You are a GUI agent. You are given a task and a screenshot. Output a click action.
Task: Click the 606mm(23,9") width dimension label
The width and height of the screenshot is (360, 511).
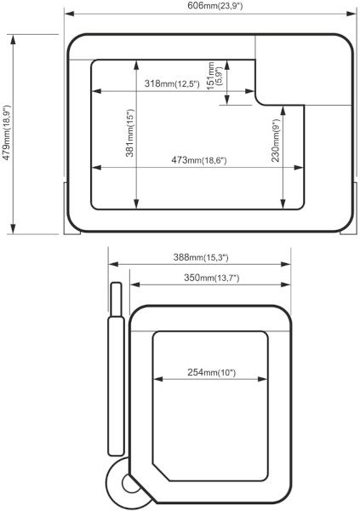(x=215, y=6)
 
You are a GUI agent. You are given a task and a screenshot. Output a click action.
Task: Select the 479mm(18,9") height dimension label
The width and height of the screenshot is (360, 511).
(x=7, y=133)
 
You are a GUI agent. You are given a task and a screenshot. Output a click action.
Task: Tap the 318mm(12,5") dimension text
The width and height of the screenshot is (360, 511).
(x=172, y=83)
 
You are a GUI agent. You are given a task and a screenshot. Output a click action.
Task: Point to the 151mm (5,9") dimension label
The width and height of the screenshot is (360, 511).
(x=214, y=75)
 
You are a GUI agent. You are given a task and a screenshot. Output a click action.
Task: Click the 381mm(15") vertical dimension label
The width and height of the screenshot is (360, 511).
(x=130, y=133)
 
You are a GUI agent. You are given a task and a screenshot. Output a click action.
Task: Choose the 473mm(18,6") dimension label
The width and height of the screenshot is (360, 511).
(x=199, y=160)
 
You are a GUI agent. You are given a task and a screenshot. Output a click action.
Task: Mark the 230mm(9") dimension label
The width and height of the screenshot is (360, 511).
(x=276, y=140)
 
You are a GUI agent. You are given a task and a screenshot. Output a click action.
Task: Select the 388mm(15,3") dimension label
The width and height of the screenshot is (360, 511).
(x=201, y=257)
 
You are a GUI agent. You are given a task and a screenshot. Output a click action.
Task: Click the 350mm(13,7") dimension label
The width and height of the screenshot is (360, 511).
(x=212, y=278)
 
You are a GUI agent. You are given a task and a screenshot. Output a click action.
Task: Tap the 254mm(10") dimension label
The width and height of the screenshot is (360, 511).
(x=211, y=372)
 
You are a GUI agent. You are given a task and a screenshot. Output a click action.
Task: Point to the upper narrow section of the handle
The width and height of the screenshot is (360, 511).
(x=116, y=299)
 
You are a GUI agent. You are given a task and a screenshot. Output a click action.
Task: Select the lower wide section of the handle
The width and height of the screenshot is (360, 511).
(x=116, y=386)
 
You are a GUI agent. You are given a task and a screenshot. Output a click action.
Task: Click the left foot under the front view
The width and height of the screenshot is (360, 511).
(x=72, y=208)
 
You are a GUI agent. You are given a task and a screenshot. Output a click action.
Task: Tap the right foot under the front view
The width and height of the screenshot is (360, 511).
(x=349, y=208)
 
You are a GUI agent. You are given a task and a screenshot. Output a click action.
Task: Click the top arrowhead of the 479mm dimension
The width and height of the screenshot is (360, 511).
(x=13, y=40)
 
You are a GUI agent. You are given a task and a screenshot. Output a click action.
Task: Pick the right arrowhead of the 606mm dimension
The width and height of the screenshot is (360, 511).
(x=351, y=14)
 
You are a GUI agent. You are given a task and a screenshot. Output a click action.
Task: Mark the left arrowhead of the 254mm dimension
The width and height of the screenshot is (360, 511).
(x=158, y=379)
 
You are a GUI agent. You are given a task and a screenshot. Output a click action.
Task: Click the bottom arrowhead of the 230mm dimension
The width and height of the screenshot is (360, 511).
(x=283, y=204)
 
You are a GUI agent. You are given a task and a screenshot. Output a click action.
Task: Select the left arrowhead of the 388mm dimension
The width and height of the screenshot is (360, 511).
(x=113, y=264)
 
